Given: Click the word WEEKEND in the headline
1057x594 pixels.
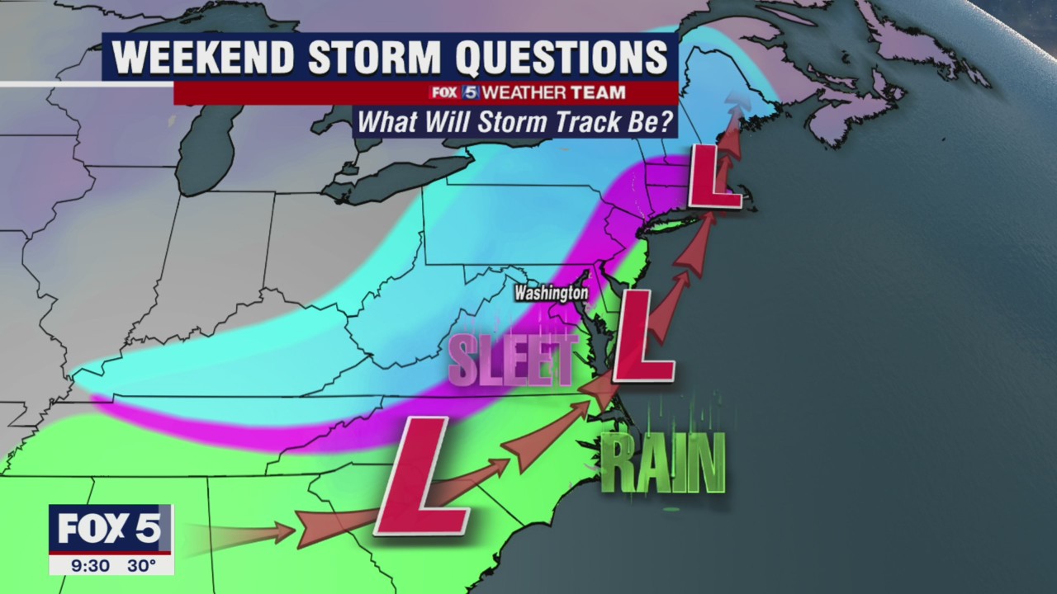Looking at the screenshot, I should tap(202, 58).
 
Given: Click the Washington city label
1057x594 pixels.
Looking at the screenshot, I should tap(551, 293).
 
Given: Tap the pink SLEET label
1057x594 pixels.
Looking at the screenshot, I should tap(512, 361).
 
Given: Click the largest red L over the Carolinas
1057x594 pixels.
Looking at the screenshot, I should tap(423, 477).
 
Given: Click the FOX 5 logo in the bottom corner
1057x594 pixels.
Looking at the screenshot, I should tap(110, 527).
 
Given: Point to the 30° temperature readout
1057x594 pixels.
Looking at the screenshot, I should tap(141, 565).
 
